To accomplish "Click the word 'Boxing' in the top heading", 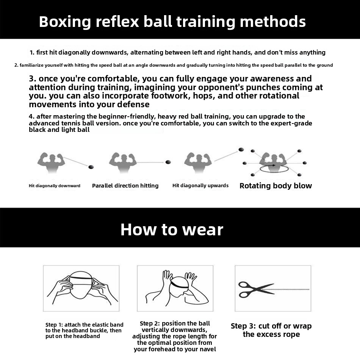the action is pyautogui.click(x=65, y=22).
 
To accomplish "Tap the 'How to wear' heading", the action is pyautogui.click(x=172, y=229).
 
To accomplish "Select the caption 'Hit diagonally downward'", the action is pyautogui.click(x=55, y=186).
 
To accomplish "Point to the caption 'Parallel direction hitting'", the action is pyautogui.click(x=125, y=186).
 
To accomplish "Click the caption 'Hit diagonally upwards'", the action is pyautogui.click(x=200, y=186).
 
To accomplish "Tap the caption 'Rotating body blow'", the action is pyautogui.click(x=275, y=186).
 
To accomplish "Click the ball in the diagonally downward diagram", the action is pyautogui.click(x=91, y=167).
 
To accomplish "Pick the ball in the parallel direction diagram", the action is pyautogui.click(x=168, y=162).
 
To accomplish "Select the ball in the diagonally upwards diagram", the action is pyautogui.click(x=241, y=150).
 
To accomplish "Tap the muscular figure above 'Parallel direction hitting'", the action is pyautogui.click(x=123, y=162).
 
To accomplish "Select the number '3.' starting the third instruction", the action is pyautogui.click(x=33, y=78).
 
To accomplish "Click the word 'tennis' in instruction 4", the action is pyautogui.click(x=70, y=123).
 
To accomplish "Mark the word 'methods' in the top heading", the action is pyautogui.click(x=273, y=22).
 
